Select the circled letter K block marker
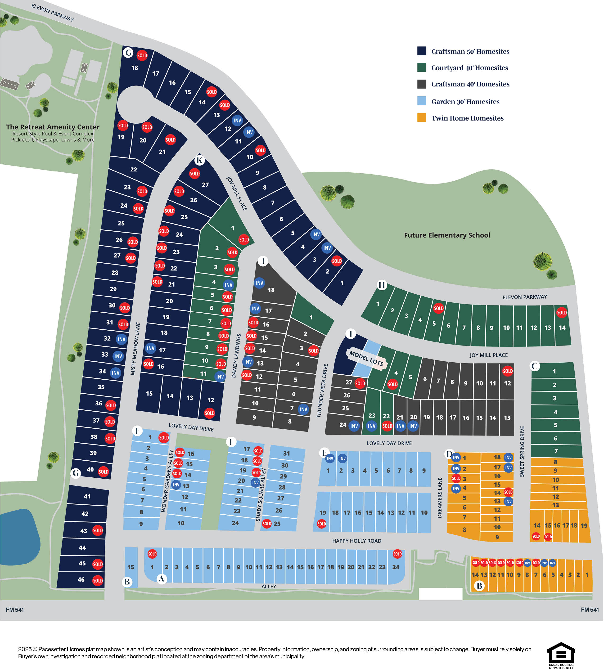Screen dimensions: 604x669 point(199,161)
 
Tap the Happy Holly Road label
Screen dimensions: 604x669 point(357,541)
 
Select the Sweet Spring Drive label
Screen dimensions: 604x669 point(522,451)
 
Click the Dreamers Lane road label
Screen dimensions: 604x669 point(440,498)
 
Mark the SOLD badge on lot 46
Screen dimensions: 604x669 point(98,580)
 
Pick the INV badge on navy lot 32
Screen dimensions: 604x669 point(122,339)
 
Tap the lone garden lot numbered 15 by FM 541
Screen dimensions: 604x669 point(131,567)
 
